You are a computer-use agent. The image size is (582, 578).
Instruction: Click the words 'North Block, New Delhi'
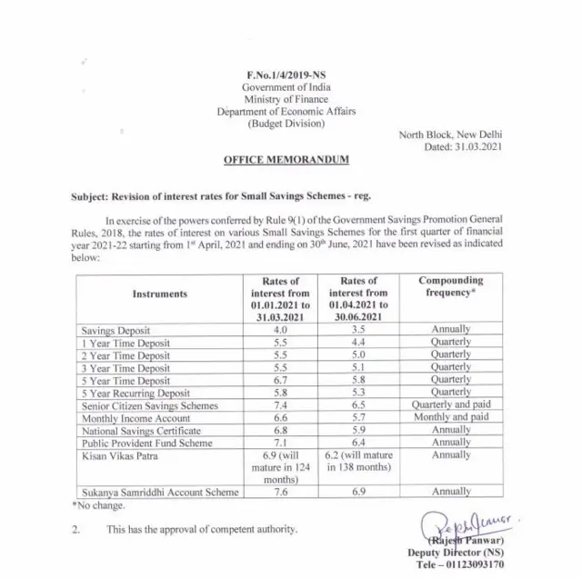pos(451,134)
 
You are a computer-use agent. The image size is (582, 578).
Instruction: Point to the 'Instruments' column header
pos(160,294)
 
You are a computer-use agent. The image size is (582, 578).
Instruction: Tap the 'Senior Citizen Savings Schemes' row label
pos(149,404)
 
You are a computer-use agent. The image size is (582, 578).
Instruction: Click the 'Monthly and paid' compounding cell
pos(451,416)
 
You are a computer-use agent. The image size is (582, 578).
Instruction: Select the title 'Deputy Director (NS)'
pos(482,551)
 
